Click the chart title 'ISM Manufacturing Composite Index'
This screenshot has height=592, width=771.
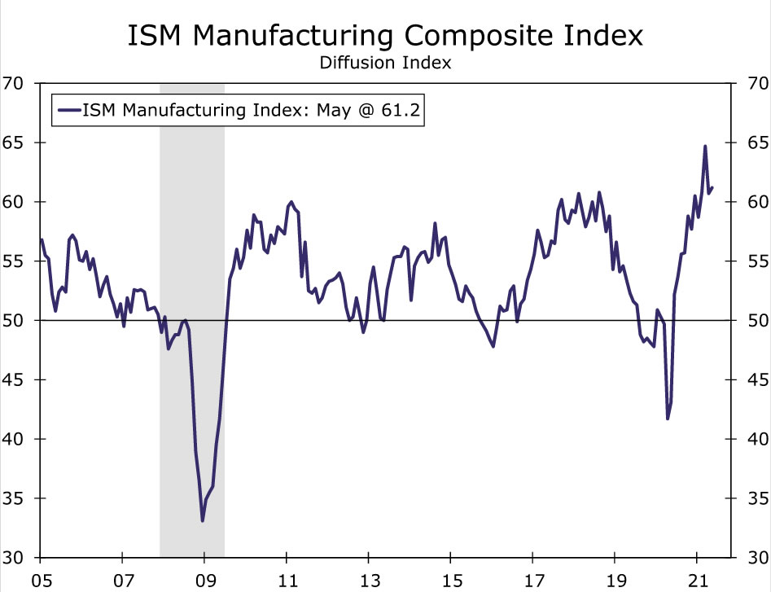click(x=385, y=36)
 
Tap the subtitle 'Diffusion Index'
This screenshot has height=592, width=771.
click(x=385, y=63)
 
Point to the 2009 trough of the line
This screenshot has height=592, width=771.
click(x=203, y=520)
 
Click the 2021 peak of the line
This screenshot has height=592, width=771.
click(x=705, y=147)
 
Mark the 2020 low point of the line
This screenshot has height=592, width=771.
click(x=668, y=419)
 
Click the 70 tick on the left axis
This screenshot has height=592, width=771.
click(x=13, y=83)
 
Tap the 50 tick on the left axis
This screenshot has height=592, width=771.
click(x=13, y=321)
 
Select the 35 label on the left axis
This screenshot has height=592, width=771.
click(x=13, y=498)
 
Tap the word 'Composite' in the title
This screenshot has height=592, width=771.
click(x=458, y=36)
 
